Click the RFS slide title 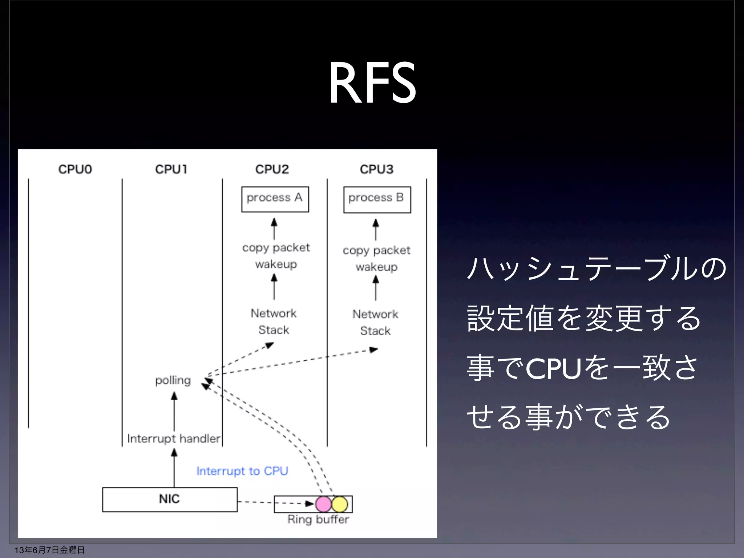(x=372, y=83)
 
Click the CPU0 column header (x=75, y=169)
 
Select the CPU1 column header (x=171, y=169)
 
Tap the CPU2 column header (x=272, y=169)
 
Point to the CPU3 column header (x=376, y=169)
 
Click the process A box (x=275, y=199)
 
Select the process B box (x=377, y=199)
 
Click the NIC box (x=170, y=500)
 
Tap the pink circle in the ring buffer (x=323, y=504)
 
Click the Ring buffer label (x=318, y=519)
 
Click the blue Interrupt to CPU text (x=242, y=471)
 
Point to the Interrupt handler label (x=174, y=438)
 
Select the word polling (x=173, y=380)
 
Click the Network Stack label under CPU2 (x=274, y=322)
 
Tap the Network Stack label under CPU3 (x=375, y=322)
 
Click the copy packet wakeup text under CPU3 (x=376, y=258)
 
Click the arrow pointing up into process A (x=274, y=229)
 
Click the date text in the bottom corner (x=49, y=550)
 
